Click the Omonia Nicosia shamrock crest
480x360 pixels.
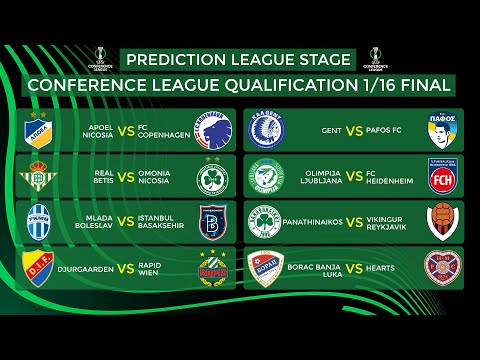[213, 177]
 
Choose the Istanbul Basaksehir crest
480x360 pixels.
[213, 221]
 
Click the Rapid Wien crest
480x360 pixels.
[213, 266]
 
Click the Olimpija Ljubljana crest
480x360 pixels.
[264, 177]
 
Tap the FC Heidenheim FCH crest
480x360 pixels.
[443, 177]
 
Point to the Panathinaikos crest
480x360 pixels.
[264, 221]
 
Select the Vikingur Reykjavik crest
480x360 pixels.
[443, 221]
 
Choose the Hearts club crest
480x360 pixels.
[443, 266]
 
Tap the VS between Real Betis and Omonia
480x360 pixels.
[125, 177]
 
